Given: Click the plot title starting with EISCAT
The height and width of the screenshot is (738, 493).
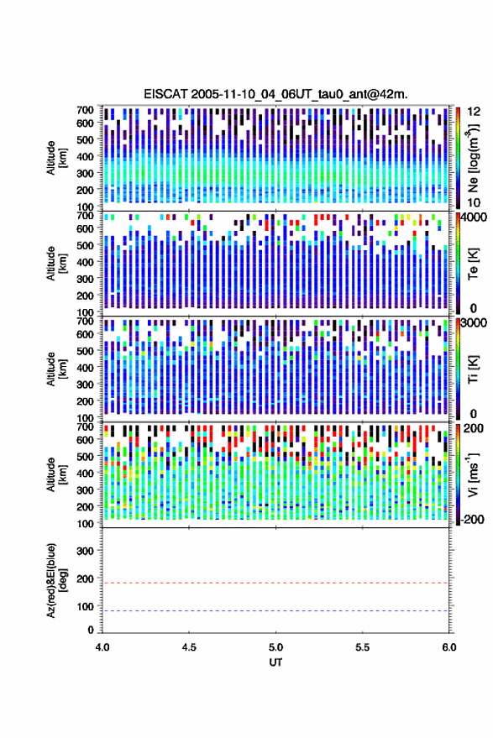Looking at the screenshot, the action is (276, 94).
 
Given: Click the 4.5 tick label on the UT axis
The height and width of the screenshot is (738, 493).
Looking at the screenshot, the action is (189, 647).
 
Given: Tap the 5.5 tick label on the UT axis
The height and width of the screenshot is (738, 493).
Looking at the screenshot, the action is (363, 647).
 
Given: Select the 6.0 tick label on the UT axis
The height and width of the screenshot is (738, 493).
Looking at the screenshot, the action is (449, 647).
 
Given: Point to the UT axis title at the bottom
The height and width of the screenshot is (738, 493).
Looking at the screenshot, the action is (276, 662).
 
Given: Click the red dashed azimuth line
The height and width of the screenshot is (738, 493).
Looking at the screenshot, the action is (276, 583).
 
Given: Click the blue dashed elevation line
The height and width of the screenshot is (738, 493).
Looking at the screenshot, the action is (276, 611).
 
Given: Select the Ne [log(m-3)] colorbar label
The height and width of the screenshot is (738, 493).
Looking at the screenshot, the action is (473, 158).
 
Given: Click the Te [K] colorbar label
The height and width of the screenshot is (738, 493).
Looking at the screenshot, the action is (473, 264).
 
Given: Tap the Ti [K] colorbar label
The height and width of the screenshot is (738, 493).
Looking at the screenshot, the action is (473, 369).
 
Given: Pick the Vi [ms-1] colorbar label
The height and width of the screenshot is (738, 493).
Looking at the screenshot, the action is (473, 474).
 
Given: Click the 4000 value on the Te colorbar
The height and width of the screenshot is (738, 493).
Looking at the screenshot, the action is (474, 218).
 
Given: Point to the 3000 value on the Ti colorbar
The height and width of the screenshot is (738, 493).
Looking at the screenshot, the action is (474, 323).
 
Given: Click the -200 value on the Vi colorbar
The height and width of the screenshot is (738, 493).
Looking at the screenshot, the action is (472, 519).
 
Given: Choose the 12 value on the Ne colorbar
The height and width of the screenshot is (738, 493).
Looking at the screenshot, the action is (474, 112).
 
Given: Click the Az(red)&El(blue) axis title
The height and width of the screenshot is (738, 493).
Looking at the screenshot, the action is (56, 580).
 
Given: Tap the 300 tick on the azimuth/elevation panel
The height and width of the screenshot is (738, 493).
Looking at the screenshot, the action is (85, 551).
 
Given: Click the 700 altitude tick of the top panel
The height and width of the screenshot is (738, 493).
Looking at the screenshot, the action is (85, 110).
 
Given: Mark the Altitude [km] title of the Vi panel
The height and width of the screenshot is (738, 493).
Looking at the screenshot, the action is (56, 474).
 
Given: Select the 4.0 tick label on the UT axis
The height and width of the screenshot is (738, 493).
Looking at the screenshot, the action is (102, 647).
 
